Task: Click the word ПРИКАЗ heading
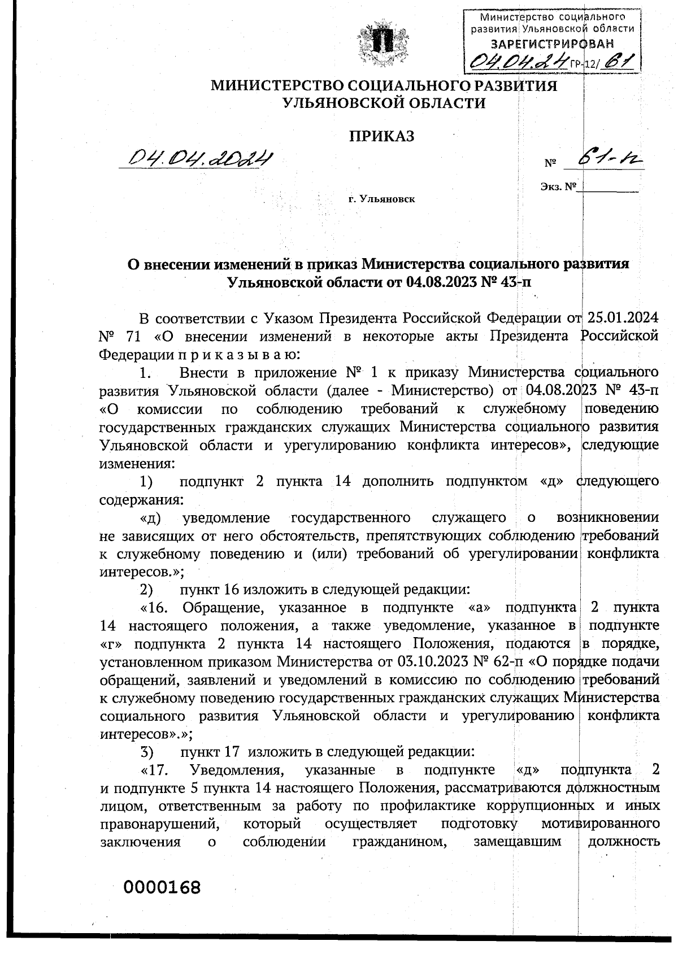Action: click(x=382, y=136)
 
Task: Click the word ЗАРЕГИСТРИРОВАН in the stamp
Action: click(x=552, y=44)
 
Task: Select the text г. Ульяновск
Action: click(x=381, y=199)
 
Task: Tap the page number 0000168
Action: click(x=163, y=887)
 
